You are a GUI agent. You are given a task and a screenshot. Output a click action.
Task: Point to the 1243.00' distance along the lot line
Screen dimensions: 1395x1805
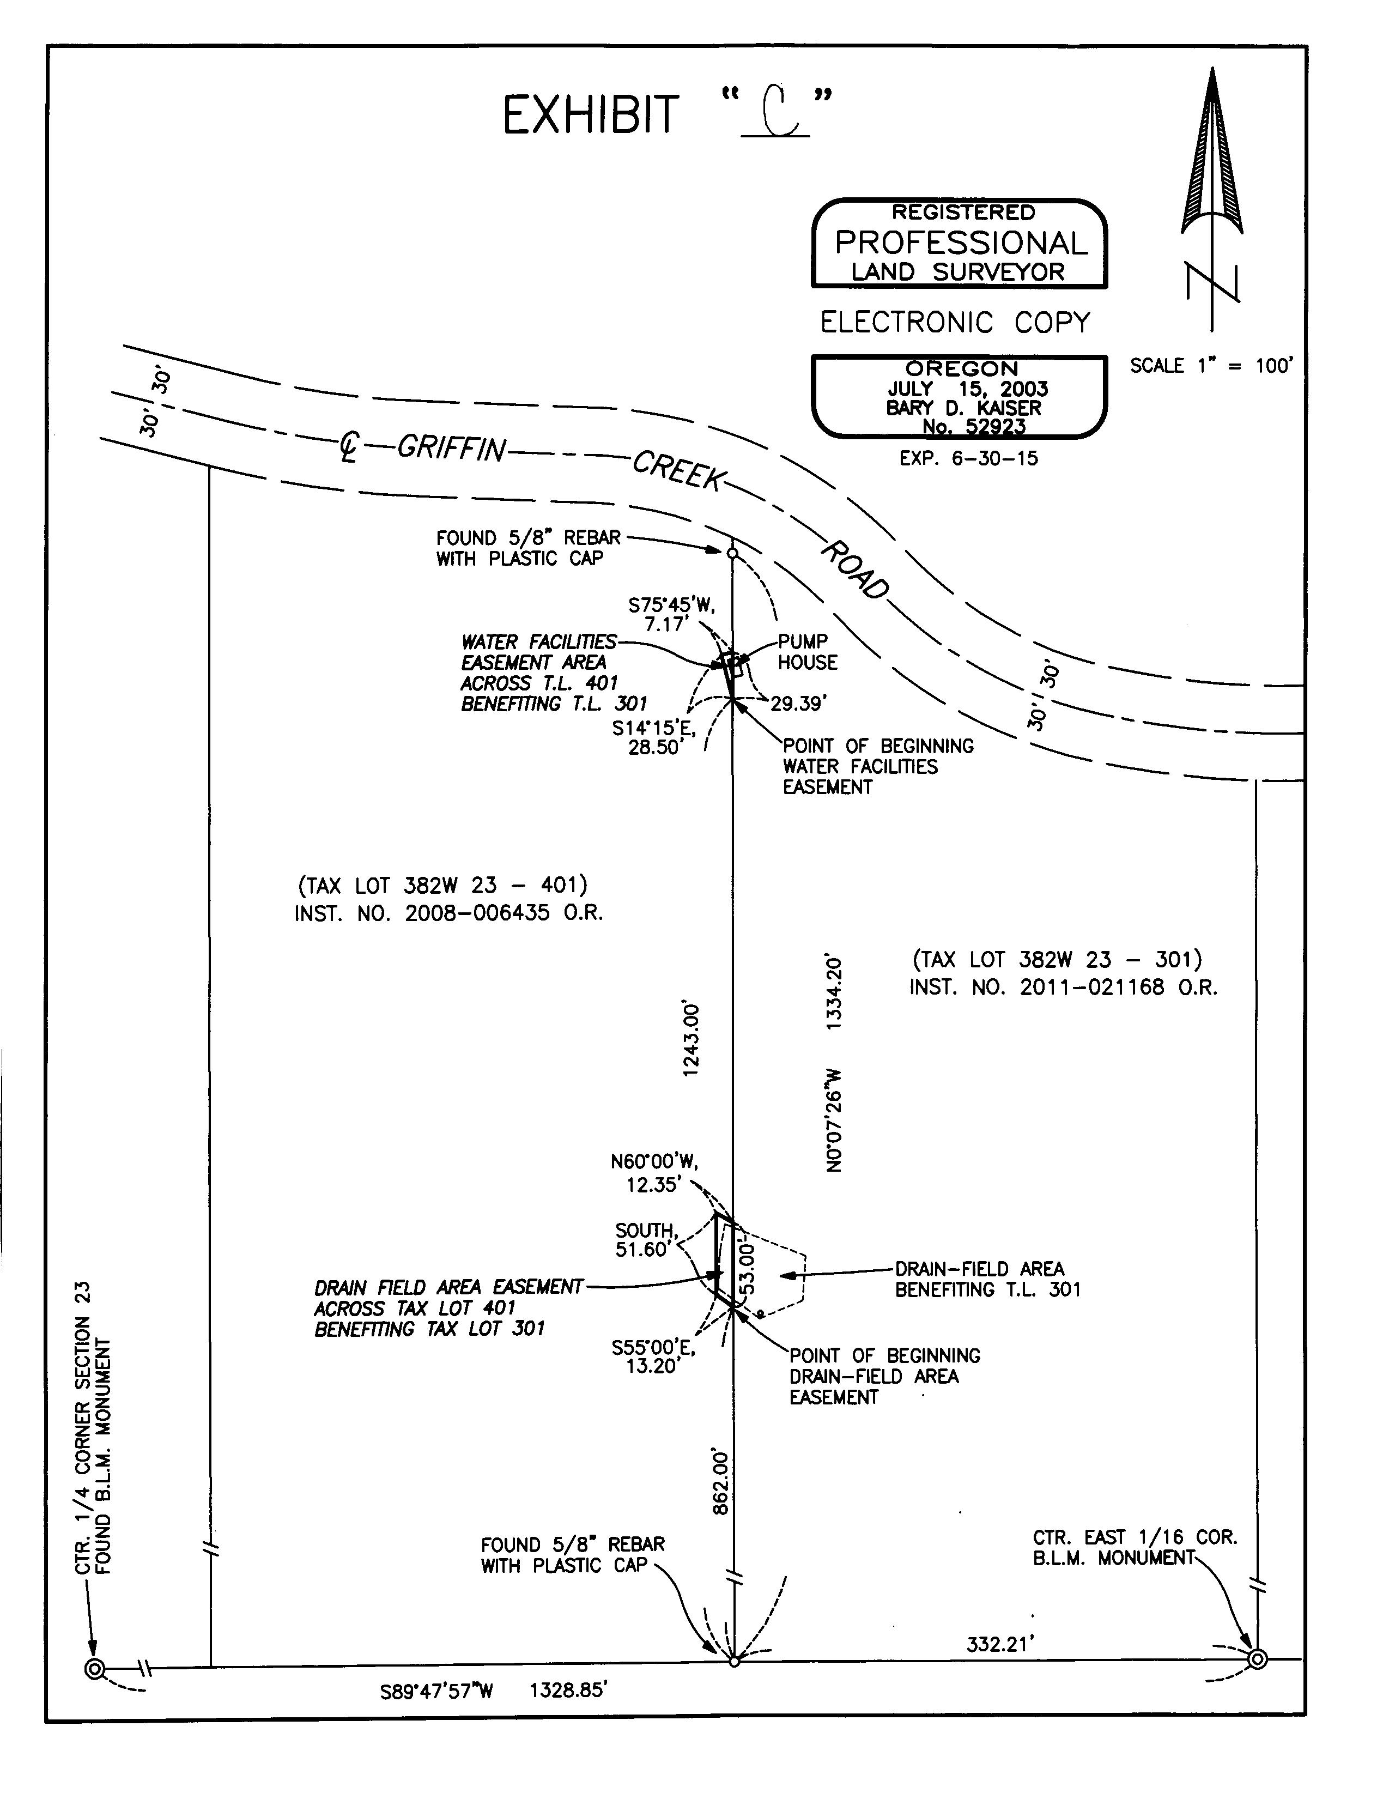(x=692, y=1039)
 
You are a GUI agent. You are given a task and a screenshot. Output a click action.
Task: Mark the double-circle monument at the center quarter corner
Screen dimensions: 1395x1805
(x=95, y=1669)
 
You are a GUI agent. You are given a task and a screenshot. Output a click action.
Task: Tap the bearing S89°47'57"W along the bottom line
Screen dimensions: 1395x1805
(x=436, y=1691)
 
